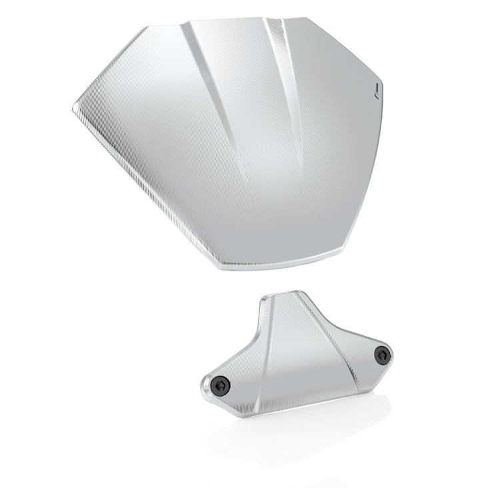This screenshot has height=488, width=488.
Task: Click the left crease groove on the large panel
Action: [x=213, y=100]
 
